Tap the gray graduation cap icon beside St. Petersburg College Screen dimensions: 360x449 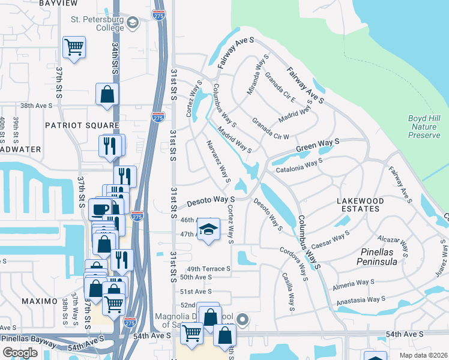133,23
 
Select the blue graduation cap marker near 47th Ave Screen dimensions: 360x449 208,230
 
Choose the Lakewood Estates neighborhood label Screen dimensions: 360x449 358,204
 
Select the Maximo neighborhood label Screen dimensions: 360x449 40,301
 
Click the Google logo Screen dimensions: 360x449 20,353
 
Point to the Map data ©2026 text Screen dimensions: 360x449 423,355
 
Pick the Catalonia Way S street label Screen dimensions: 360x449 300,165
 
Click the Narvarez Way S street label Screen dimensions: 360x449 219,161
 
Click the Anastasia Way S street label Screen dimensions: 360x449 360,299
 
